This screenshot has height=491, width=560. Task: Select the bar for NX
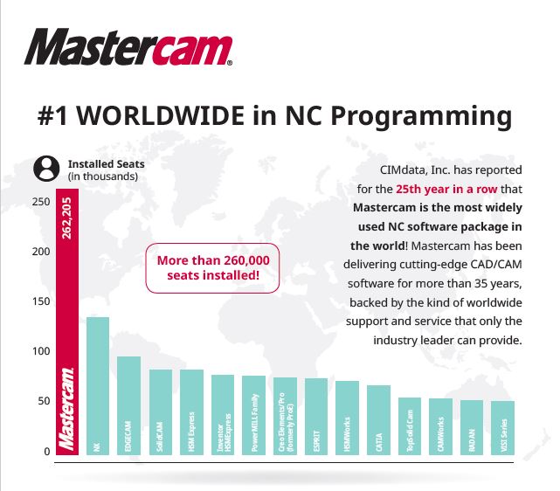[x=97, y=384]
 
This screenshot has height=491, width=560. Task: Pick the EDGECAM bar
[x=128, y=405]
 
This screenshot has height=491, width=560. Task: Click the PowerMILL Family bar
[x=253, y=414]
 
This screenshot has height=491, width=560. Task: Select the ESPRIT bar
[x=315, y=415]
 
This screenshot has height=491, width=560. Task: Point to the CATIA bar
[x=378, y=418]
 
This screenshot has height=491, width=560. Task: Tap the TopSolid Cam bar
[x=410, y=425]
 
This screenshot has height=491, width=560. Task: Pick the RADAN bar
[x=472, y=426]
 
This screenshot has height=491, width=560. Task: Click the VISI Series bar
[x=502, y=426]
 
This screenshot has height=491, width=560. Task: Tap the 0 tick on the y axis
[x=46, y=452]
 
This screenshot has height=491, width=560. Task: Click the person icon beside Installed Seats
[x=43, y=169]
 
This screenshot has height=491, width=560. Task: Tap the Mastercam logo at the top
[x=128, y=48]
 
